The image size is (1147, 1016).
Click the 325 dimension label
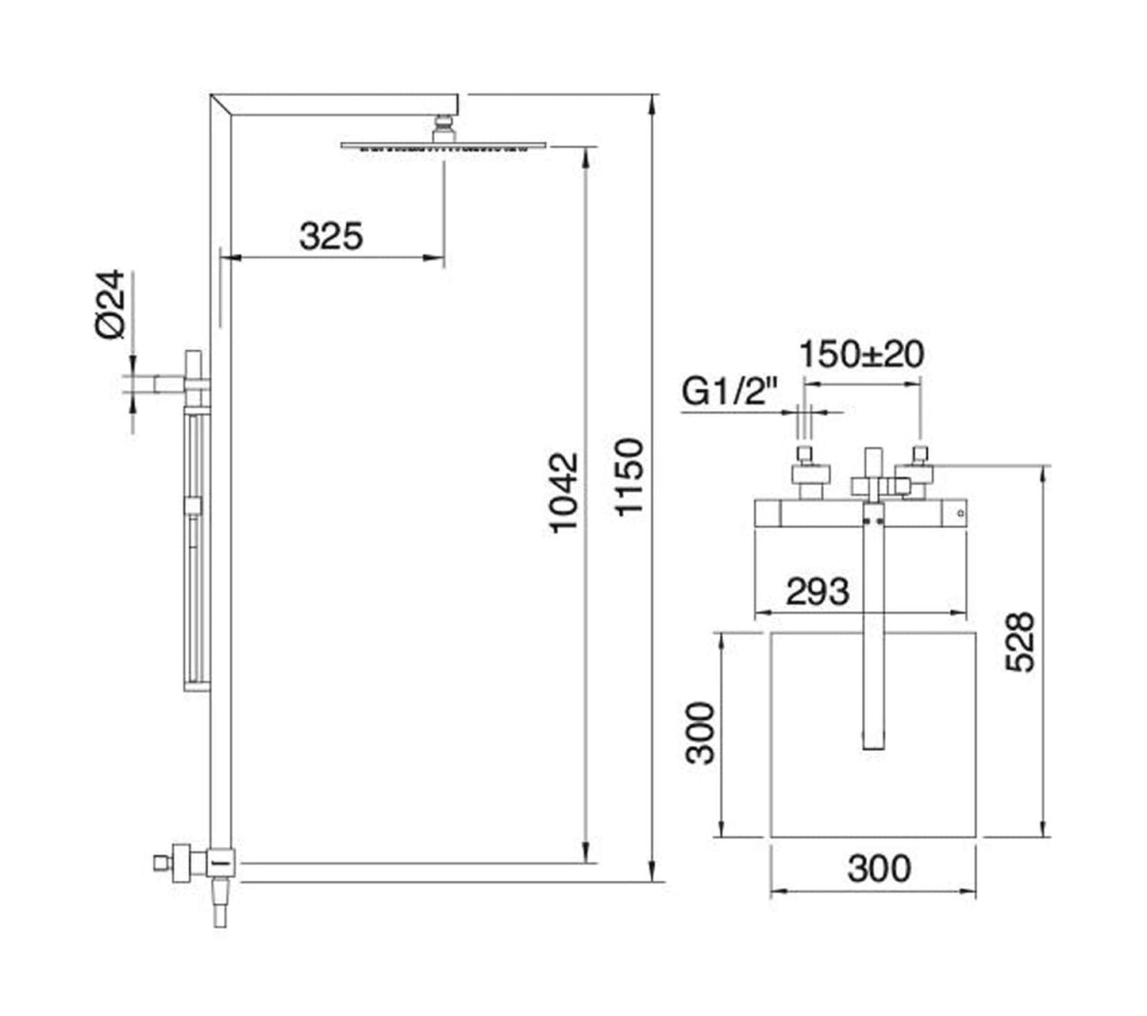331,236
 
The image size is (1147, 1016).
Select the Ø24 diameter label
111,304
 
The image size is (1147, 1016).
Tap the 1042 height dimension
565,492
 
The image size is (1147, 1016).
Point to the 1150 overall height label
631,476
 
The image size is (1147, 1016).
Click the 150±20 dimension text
861,354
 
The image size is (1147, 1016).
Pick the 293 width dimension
818,591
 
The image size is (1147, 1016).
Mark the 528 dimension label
1020,642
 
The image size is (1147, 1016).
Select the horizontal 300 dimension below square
879,868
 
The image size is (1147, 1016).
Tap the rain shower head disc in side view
445,146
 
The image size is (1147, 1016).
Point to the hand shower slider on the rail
193,506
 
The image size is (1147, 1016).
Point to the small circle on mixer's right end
960,514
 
